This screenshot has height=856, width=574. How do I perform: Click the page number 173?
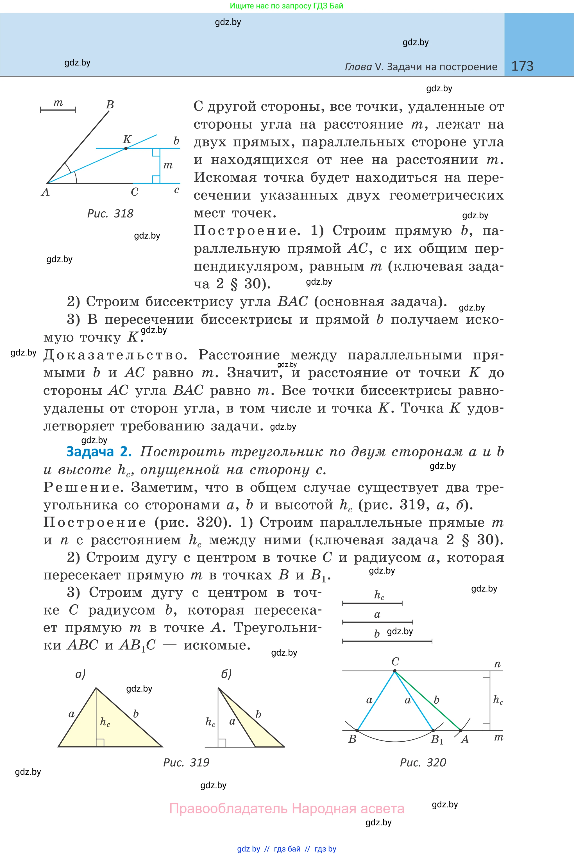[522, 66]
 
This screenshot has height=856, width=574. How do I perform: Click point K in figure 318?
[126, 148]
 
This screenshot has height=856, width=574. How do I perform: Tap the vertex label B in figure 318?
[110, 105]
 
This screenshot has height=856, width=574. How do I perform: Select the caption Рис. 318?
[110, 214]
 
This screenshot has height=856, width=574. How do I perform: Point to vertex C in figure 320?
[395, 671]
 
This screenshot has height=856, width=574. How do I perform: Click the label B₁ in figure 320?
[437, 740]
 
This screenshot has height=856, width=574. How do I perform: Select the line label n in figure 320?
[497, 664]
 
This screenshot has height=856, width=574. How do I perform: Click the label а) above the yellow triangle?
[80, 674]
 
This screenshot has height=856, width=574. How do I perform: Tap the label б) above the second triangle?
[226, 674]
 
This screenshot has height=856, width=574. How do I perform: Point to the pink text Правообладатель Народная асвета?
[287, 809]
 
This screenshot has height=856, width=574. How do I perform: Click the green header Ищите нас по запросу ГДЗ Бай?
[286, 6]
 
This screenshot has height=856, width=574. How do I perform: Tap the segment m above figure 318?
[58, 109]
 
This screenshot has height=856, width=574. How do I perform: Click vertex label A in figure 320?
[464, 740]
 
